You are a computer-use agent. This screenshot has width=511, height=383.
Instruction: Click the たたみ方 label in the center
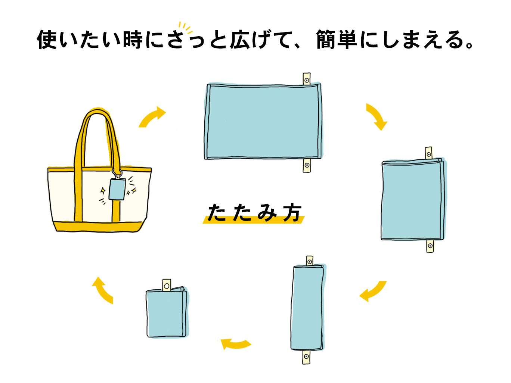pos(254,213)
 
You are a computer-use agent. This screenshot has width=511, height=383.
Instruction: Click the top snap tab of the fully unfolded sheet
pos(307,79)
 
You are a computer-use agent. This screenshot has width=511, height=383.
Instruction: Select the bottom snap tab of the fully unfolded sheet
pos(307,165)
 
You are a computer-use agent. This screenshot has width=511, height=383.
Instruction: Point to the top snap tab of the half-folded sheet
pos(428,153)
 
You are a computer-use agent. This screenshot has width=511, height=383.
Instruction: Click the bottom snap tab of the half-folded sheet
pos(430,246)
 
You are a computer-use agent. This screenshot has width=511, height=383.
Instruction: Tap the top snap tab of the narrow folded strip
pos(309,261)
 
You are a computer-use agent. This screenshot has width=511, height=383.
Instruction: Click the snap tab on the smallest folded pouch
pos(166,285)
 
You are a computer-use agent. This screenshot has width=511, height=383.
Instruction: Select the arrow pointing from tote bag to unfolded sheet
pos(152,116)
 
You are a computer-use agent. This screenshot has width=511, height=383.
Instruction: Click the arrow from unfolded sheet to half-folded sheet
pos(377,117)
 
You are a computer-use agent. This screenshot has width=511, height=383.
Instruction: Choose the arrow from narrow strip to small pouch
pos(235,343)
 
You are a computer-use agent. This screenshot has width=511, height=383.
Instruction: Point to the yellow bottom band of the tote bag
pos(99,226)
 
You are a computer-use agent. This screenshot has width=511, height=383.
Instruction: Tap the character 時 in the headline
pos(133,40)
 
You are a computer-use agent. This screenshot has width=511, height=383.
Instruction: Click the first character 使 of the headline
pos(47,40)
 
